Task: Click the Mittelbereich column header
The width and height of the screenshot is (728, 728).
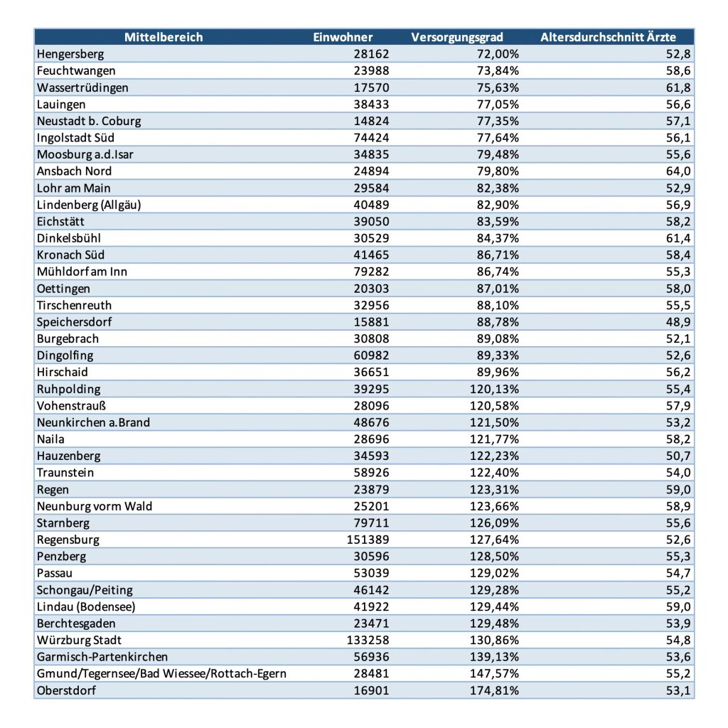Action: (164, 38)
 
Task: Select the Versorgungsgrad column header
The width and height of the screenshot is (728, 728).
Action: (457, 38)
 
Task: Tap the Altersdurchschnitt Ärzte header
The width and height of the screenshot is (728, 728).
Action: (608, 38)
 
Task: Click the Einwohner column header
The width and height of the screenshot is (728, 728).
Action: (343, 38)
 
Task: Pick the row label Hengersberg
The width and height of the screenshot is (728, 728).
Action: (70, 54)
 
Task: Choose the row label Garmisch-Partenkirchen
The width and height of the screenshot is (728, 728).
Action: (102, 657)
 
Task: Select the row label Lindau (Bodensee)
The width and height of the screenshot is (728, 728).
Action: (86, 606)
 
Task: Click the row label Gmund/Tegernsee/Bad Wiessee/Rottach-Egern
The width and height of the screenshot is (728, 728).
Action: (161, 673)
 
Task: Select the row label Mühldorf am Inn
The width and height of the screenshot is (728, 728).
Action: (82, 272)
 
